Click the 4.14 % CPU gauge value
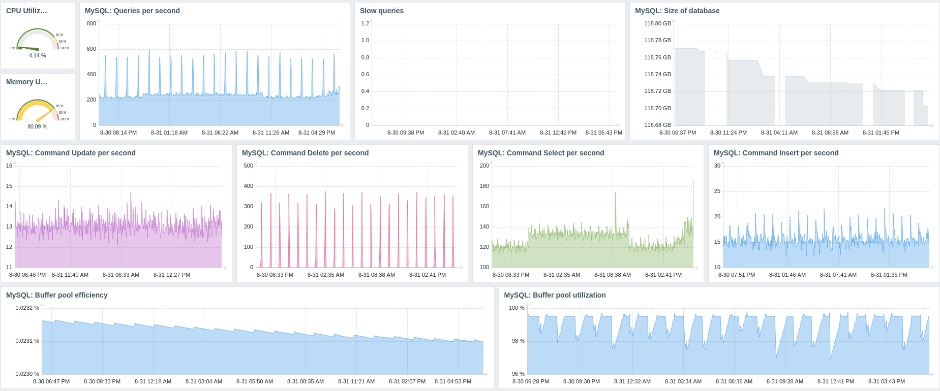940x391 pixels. point(37,55)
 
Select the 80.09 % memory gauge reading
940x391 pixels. point(37,126)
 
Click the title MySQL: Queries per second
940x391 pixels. point(132,11)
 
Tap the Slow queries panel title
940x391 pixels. point(382,11)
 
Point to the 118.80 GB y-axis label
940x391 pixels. point(657,23)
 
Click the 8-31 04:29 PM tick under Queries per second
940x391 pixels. point(317,133)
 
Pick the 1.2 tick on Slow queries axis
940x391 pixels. point(365,23)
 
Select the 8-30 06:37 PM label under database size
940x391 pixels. point(678,133)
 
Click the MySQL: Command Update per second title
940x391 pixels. point(71,153)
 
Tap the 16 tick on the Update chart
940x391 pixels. point(9,166)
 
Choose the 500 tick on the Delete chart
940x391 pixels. point(249,166)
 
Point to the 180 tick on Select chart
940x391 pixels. point(484,186)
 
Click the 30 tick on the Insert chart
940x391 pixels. point(717,166)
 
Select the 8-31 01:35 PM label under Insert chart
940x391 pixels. point(889,275)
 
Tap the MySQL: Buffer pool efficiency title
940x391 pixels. point(56,295)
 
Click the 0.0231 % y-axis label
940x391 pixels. point(27,341)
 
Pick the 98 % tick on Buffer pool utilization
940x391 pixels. point(518,341)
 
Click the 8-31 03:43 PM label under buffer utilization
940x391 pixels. point(887,381)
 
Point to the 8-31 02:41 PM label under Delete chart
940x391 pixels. point(428,275)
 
